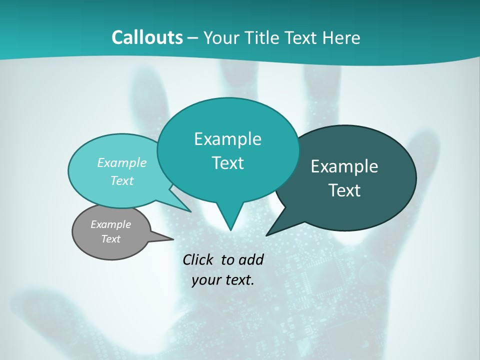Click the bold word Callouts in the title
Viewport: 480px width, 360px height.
(x=147, y=37)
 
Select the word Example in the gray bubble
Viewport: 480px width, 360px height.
(x=110, y=224)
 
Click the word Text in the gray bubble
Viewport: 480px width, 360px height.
(x=110, y=239)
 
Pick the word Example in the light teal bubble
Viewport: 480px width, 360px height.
(x=122, y=162)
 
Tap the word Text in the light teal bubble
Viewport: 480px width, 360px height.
(x=122, y=180)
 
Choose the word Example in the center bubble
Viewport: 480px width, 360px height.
(x=227, y=139)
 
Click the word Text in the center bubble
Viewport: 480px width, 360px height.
(x=227, y=163)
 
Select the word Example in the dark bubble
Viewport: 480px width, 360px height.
(x=344, y=166)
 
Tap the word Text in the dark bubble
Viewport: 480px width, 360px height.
(x=344, y=190)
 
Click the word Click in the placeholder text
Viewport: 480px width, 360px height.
(x=199, y=259)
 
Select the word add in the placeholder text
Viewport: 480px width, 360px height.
(x=251, y=259)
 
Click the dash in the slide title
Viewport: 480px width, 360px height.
(x=193, y=38)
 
